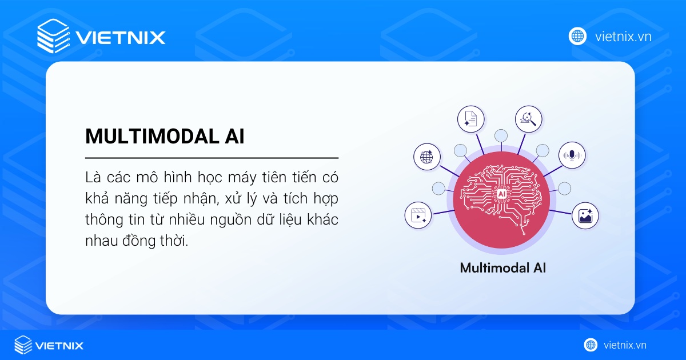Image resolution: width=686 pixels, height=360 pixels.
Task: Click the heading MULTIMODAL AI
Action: (165, 136)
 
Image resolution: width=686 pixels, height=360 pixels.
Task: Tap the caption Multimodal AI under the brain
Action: (502, 267)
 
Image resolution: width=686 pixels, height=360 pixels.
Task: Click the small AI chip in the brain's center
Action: (501, 194)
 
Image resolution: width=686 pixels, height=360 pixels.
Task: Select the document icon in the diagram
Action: (470, 119)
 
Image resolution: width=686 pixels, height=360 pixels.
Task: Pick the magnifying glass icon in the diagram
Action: (528, 119)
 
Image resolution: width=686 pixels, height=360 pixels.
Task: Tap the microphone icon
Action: (572, 155)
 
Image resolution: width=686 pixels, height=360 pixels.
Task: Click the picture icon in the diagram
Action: (585, 215)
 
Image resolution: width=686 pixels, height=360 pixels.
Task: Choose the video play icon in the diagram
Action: (418, 216)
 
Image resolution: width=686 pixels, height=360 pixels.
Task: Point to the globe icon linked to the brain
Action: (427, 157)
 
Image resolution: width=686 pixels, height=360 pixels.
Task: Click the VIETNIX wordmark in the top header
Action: (120, 38)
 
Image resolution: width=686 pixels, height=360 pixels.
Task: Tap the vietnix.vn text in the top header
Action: (623, 37)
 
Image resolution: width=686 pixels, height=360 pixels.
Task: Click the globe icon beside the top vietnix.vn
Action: (578, 37)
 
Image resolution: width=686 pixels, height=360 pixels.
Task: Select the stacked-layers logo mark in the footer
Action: (23, 345)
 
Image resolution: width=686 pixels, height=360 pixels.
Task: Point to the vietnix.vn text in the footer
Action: (625, 345)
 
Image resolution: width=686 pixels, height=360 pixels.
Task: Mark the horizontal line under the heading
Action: (212, 157)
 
